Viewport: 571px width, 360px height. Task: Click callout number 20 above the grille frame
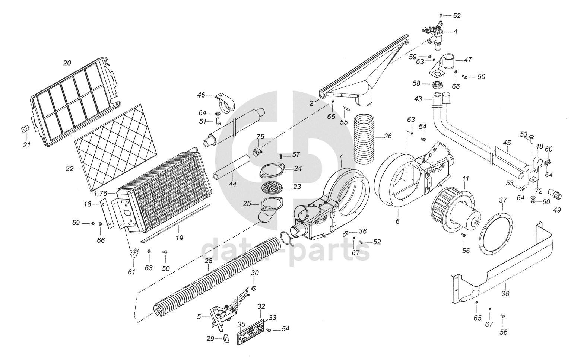click(x=67, y=63)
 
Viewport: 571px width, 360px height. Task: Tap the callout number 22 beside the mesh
click(x=70, y=169)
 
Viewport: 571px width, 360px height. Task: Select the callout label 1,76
click(x=101, y=193)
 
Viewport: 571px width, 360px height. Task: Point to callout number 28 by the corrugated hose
click(x=208, y=261)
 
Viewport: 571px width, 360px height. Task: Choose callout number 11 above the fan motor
click(x=466, y=179)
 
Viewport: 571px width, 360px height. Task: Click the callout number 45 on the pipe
click(x=506, y=143)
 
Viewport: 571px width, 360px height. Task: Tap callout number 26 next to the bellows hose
click(x=388, y=136)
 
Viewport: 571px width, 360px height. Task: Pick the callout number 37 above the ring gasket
click(x=503, y=200)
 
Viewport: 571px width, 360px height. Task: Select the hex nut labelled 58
click(x=438, y=84)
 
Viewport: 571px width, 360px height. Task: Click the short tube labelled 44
click(x=231, y=168)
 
